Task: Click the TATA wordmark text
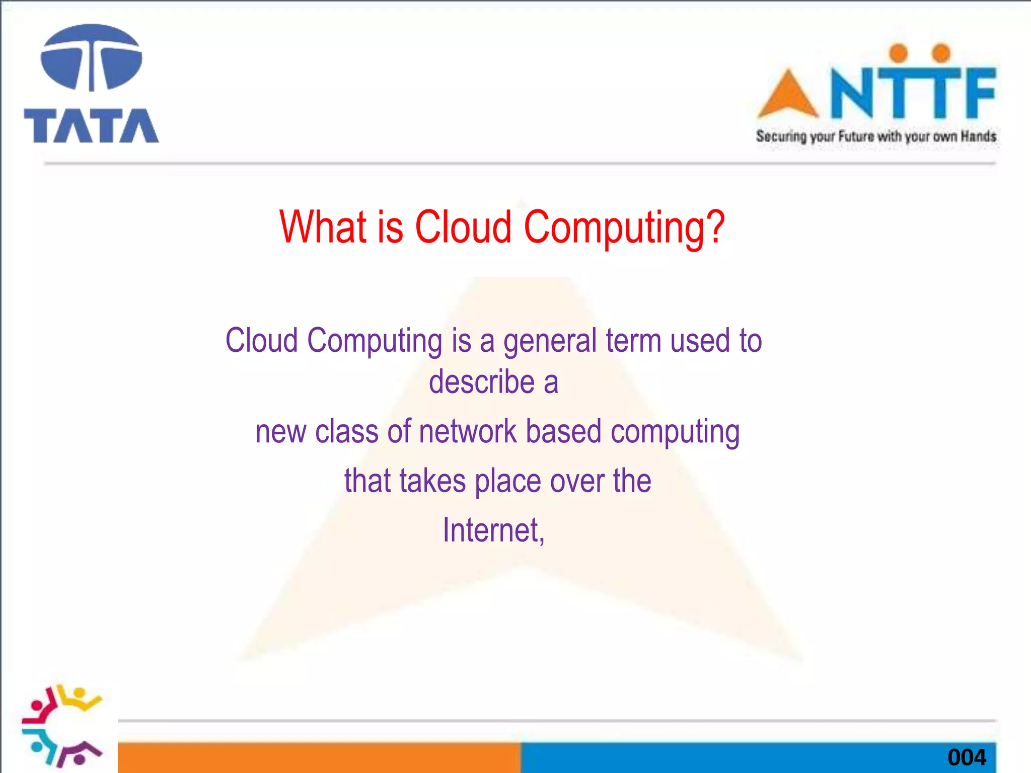pos(91,126)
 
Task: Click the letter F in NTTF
pos(976,93)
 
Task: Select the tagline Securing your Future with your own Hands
pos(876,136)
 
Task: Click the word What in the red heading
pos(323,227)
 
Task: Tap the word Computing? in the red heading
pos(624,228)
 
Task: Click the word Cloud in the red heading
pos(463,227)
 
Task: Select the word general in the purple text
pos(550,342)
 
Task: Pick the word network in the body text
pos(468,432)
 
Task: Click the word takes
pos(432,481)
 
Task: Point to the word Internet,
pos(493,530)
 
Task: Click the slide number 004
pos(967,757)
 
